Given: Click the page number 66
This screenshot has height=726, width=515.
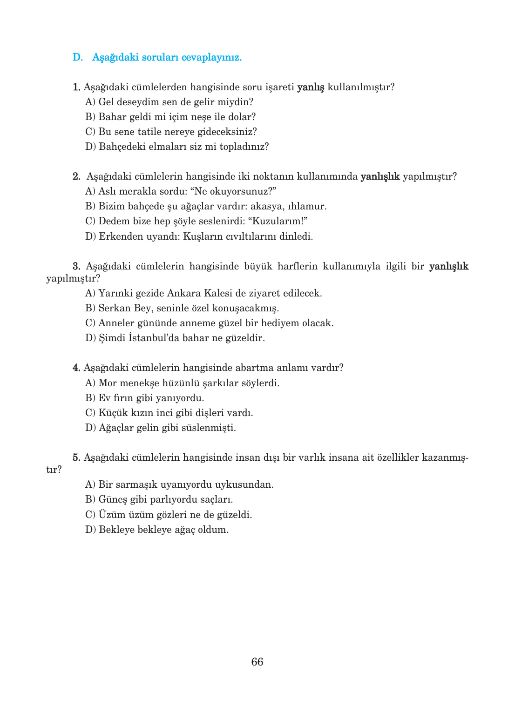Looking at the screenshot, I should (257, 662).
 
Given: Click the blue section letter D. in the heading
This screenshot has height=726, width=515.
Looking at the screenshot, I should (78, 57).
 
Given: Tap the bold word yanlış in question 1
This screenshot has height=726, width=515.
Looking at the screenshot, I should (311, 87).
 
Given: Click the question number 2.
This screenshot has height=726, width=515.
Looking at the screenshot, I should (77, 176).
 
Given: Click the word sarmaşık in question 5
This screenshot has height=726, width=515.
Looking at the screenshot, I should (136, 484).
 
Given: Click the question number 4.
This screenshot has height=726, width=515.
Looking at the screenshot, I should (77, 368).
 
